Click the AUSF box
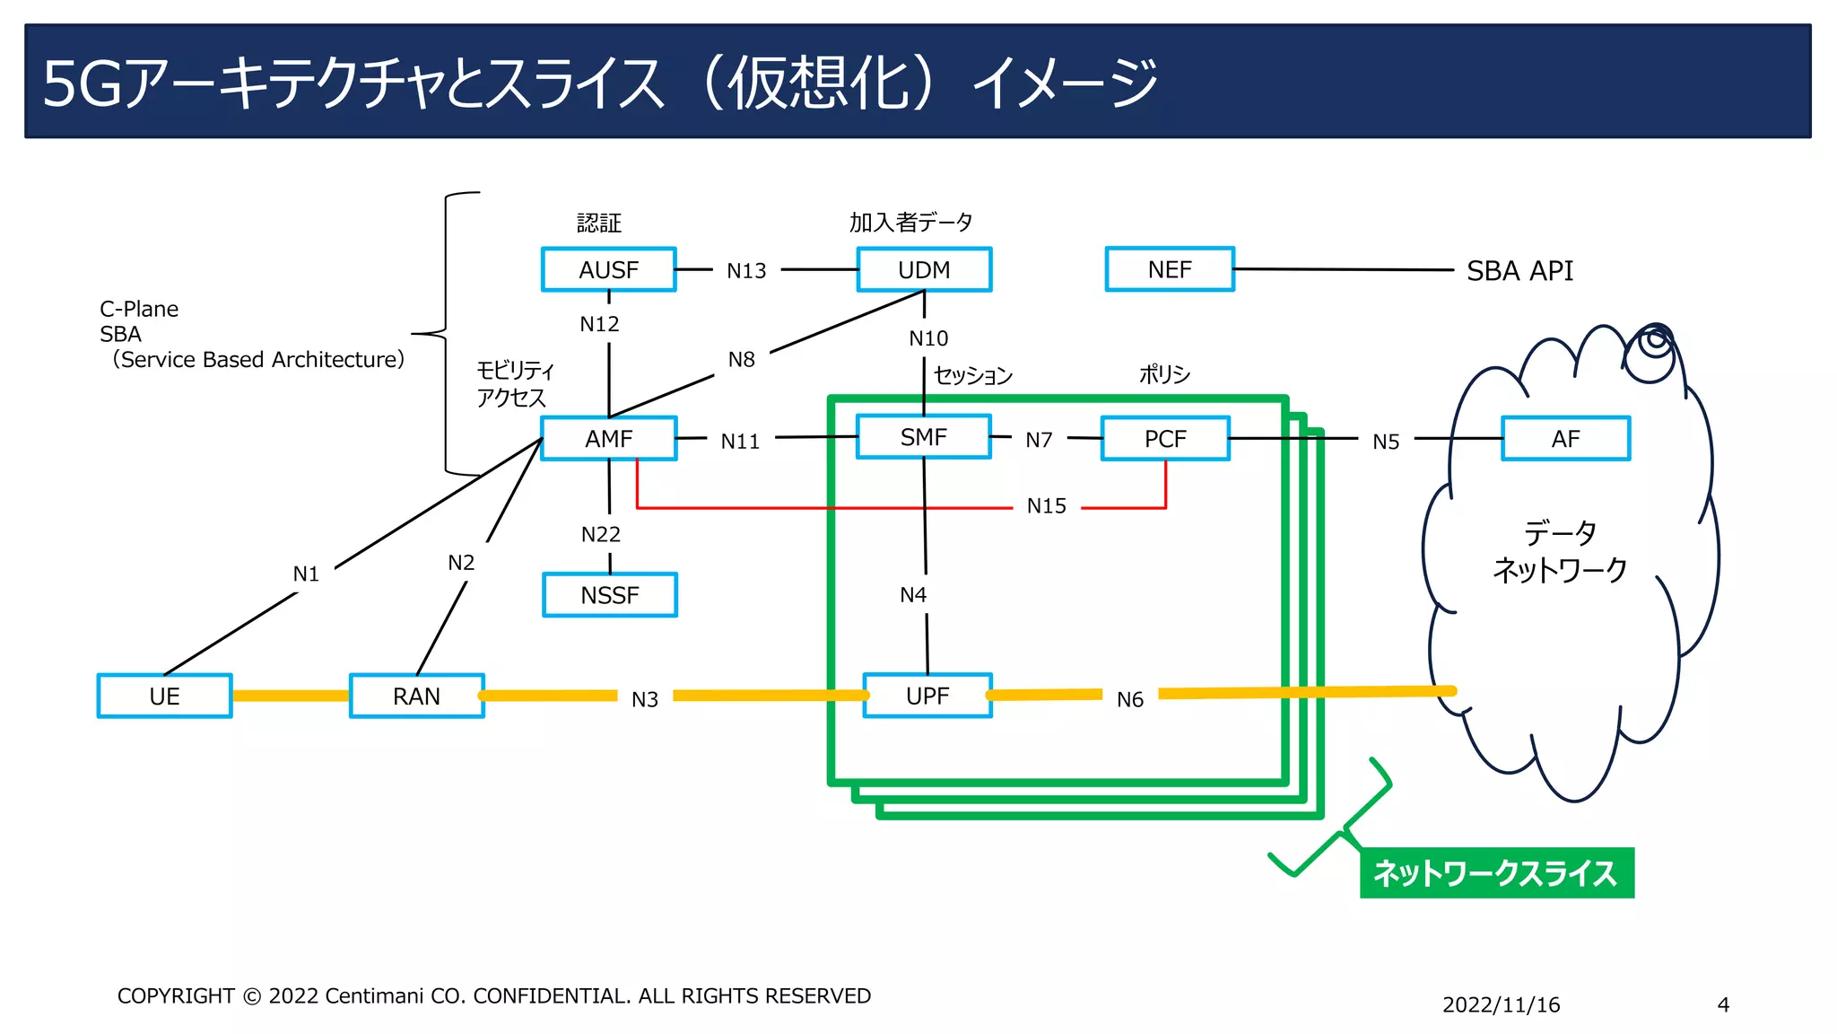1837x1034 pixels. coord(608,269)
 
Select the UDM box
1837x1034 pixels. coord(924,269)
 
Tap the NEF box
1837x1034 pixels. coord(1169,269)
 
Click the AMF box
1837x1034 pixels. coord(608,439)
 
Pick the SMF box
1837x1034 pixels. coord(923,437)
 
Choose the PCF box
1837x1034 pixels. coord(1164,439)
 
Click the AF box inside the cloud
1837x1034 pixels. coord(1565,439)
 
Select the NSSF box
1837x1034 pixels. coord(609,595)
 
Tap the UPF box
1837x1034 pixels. coord(927,696)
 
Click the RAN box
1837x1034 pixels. coord(416,697)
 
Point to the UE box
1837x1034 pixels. coord(164,697)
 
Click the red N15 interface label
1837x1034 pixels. coord(1046,506)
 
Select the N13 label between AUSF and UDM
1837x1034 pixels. coord(746,271)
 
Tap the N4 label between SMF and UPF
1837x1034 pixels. coord(913,595)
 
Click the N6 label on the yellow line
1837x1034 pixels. coord(1129,699)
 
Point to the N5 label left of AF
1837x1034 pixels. coord(1386,442)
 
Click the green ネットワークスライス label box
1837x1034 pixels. coord(1496,872)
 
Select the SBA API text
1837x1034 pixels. coord(1519,271)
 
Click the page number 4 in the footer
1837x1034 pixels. coord(1722,1005)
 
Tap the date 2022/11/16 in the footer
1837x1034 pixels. coord(1501,1005)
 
